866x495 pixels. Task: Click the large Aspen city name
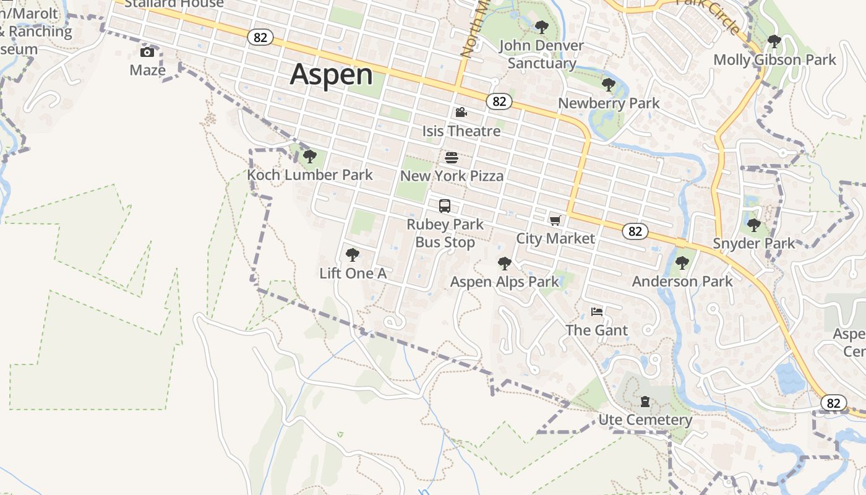332,74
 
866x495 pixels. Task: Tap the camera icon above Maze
147,52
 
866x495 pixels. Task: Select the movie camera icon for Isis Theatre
461,113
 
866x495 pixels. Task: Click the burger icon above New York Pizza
452,158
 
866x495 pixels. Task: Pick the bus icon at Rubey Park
445,206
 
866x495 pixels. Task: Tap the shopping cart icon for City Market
555,220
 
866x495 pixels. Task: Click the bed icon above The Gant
597,312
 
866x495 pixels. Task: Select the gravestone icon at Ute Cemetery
645,402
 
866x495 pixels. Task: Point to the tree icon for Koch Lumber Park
310,157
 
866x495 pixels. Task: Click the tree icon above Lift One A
353,254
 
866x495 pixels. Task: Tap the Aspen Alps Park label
504,282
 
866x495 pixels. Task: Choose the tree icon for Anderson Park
682,263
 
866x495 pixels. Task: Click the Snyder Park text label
753,243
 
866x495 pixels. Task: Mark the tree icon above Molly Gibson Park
774,41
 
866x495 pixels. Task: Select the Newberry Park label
609,103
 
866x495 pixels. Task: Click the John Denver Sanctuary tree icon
541,27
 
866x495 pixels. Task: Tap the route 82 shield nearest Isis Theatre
499,101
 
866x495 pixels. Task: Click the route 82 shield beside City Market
635,231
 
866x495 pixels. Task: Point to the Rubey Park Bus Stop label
445,233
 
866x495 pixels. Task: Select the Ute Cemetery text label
645,420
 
